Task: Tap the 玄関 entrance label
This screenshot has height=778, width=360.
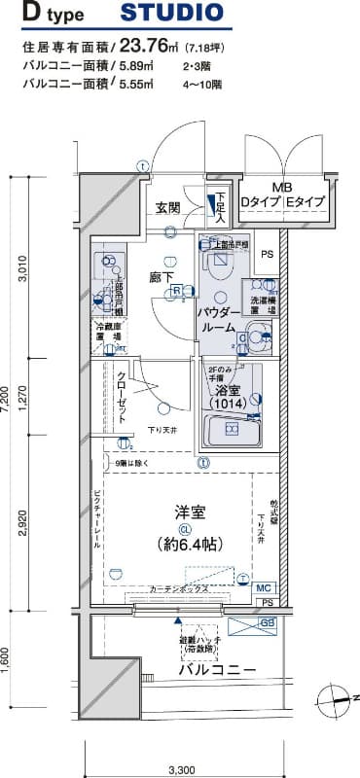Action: pyautogui.click(x=167, y=208)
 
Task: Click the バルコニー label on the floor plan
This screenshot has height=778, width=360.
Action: pyautogui.click(x=216, y=671)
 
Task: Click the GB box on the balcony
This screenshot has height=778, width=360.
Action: pyautogui.click(x=267, y=622)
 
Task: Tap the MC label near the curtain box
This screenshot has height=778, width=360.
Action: pyautogui.click(x=264, y=588)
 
